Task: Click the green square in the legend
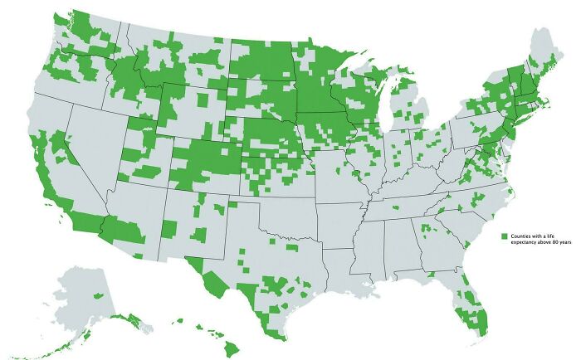pos(504,236)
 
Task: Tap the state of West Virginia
pos(453,162)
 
